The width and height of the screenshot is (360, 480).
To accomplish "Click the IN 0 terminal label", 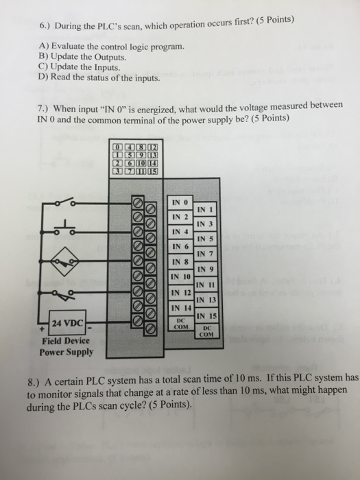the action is pos(180,203).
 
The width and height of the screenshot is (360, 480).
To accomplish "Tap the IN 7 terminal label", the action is pos(205,254).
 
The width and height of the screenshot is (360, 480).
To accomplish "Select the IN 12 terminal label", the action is pos(182,292).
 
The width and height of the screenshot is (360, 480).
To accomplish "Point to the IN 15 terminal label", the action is pos(206,315).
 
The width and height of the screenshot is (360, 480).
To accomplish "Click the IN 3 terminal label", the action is pos(205,224).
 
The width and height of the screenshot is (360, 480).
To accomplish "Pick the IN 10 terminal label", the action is pos(180,277).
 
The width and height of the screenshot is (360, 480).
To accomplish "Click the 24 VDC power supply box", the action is pos(68,323).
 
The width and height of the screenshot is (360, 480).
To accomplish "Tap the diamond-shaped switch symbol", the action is pos(64,261).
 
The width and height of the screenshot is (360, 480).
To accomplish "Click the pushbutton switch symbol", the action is pos(64,228).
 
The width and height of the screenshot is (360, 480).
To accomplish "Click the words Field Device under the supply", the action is pos(66,341).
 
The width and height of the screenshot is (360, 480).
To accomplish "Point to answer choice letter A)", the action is pos(44,46).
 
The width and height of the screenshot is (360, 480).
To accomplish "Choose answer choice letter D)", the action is pos(44,77).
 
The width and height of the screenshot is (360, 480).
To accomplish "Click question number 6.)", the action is pos(46,27).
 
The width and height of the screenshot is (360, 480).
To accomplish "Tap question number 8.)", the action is pos(34,383).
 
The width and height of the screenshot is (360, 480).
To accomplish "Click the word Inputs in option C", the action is pos(106,67).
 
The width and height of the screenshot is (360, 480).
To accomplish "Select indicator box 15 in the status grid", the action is pos(153,171).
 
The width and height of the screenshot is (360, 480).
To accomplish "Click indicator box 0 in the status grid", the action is pos(118,147).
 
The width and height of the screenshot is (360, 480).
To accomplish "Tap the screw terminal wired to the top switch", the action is pos(137,202).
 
